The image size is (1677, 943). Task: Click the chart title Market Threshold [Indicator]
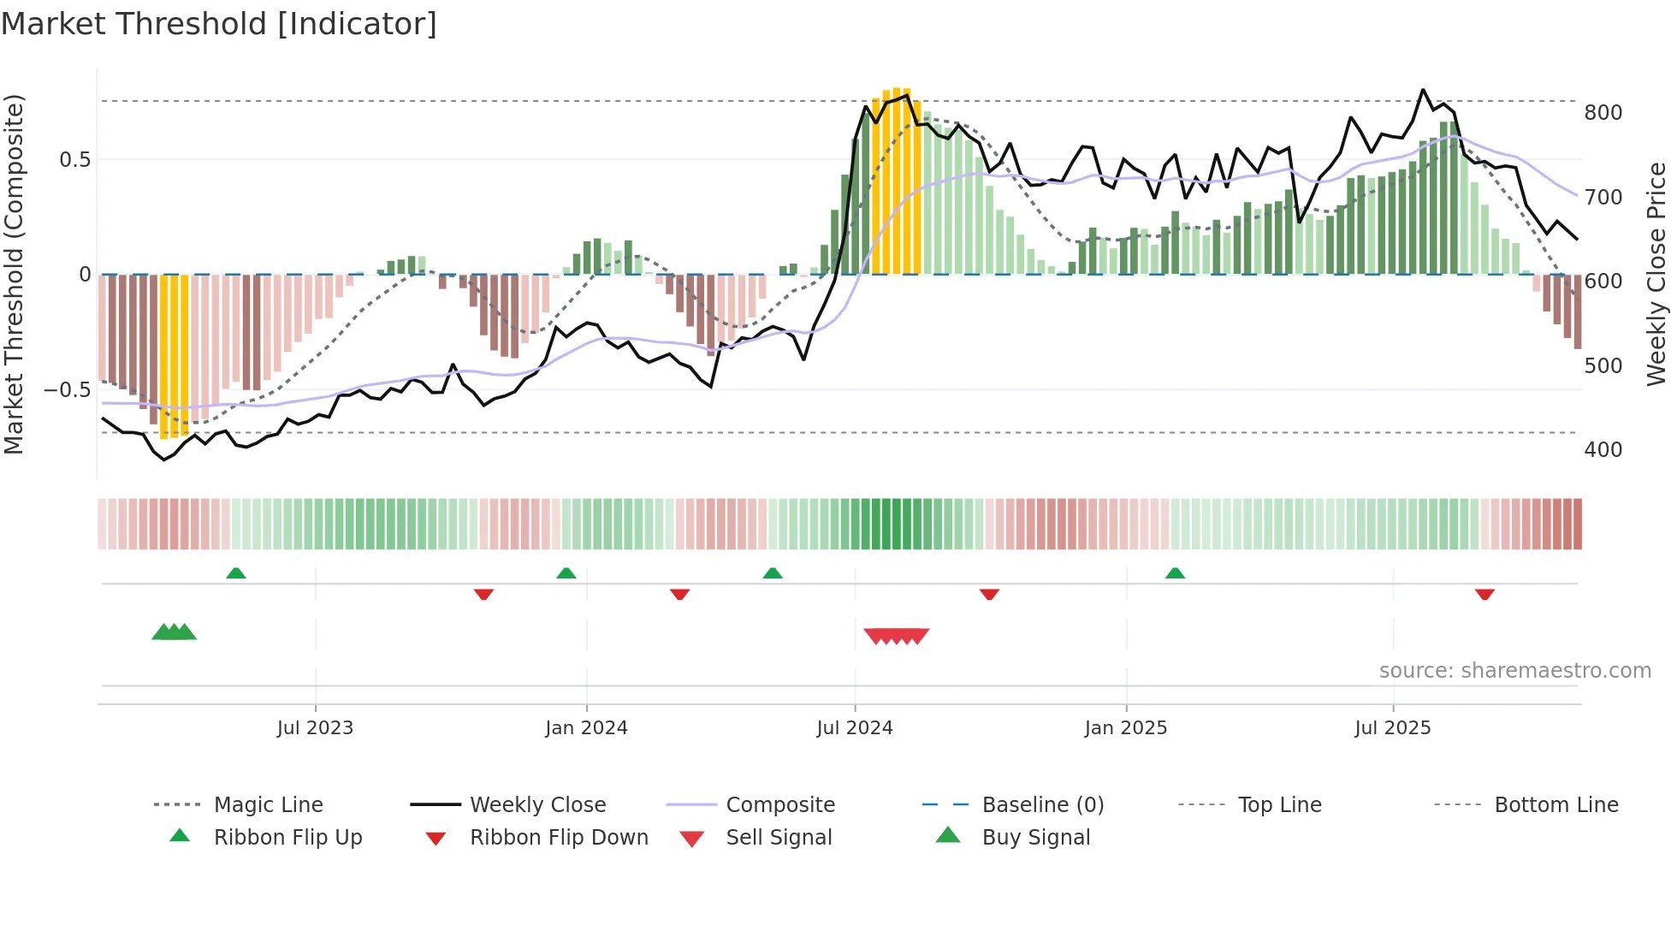click(x=219, y=24)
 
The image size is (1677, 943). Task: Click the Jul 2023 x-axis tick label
click(x=315, y=728)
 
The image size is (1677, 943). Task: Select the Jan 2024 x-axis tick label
click(x=586, y=728)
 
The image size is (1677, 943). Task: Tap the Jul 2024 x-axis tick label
click(x=854, y=728)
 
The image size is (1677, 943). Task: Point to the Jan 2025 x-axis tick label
click(x=1125, y=728)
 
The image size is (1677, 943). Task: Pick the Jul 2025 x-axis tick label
click(x=1392, y=728)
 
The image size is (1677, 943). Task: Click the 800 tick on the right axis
click(x=1603, y=113)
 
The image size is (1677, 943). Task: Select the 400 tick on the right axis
click(x=1603, y=450)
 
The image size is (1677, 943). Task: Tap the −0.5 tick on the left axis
click(x=67, y=390)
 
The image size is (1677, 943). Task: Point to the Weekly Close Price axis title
click(x=1656, y=274)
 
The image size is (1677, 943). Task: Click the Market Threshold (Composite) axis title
click(x=14, y=274)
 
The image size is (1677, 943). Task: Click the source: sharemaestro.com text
click(x=1514, y=671)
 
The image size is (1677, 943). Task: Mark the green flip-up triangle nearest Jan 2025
click(x=1175, y=573)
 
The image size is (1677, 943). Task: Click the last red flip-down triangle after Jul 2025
click(x=1484, y=594)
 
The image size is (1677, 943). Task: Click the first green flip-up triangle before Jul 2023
click(x=236, y=573)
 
